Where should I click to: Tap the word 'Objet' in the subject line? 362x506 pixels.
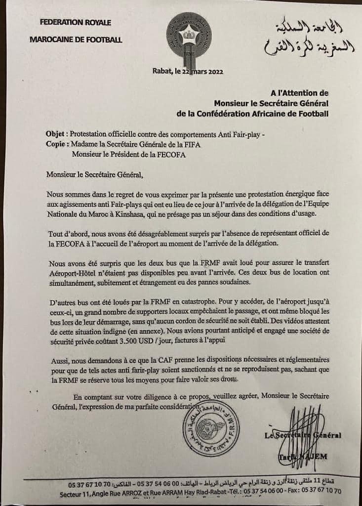click(55, 134)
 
